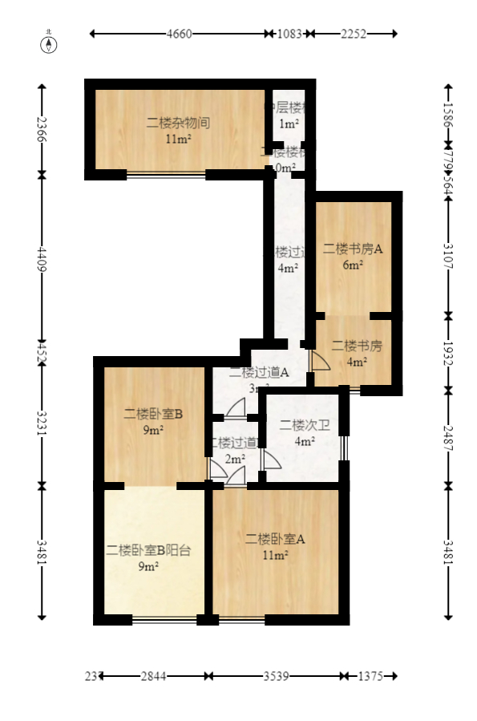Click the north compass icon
[x=49, y=43]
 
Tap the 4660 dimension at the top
[x=179, y=34]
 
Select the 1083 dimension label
[x=289, y=34]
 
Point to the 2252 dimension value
[x=354, y=34]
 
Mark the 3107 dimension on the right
[x=447, y=253]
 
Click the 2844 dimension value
[x=153, y=676]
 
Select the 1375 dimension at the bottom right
[x=370, y=676]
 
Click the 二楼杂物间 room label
[x=178, y=124]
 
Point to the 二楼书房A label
[x=353, y=249]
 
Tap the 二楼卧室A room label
[x=275, y=539]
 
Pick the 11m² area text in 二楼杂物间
[x=177, y=140]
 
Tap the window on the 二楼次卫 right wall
[x=344, y=448]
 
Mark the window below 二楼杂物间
[x=166, y=174]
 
